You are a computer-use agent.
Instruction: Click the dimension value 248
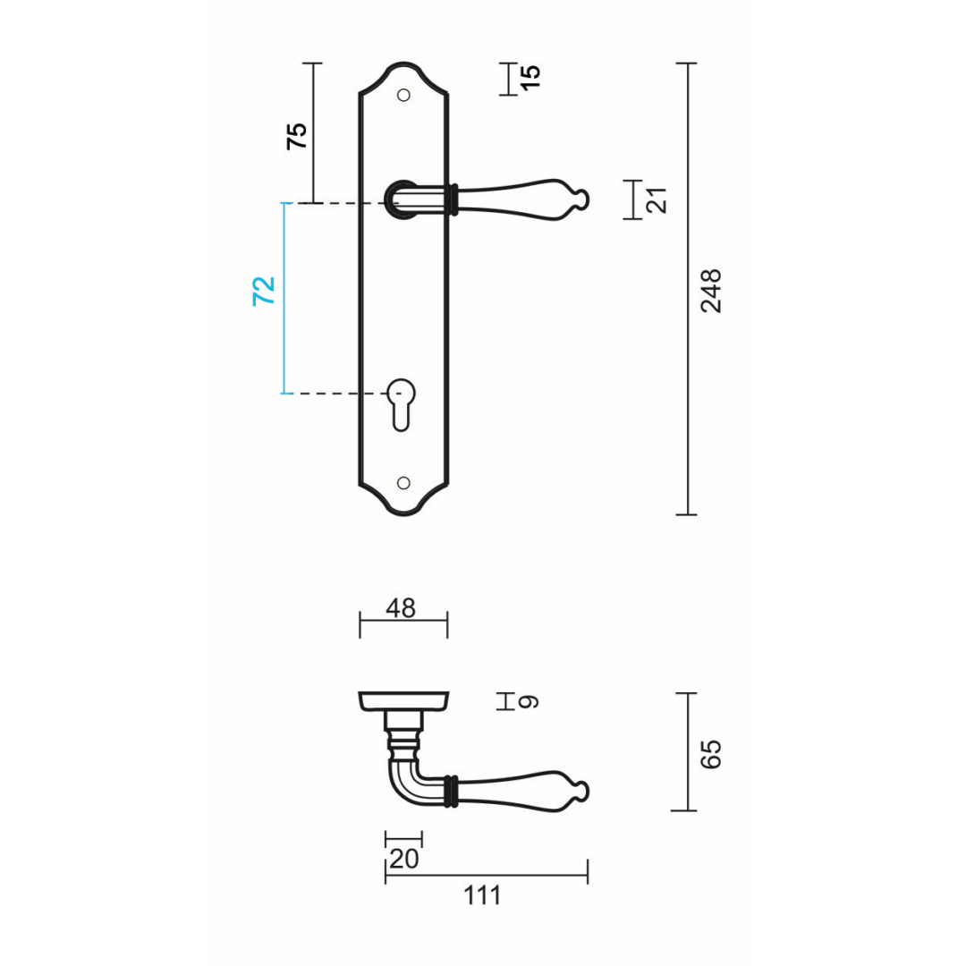click(711, 290)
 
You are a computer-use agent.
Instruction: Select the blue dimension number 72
click(264, 292)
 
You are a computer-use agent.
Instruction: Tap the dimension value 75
click(296, 135)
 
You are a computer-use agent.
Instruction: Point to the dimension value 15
click(530, 77)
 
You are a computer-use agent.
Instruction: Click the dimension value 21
click(657, 200)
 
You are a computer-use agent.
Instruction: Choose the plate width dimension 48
click(401, 608)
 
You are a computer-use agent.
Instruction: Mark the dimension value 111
click(483, 895)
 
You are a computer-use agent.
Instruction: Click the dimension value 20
click(404, 859)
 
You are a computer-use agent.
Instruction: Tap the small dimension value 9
click(530, 702)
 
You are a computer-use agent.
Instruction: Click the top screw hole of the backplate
click(403, 95)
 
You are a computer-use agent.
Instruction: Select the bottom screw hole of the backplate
click(403, 483)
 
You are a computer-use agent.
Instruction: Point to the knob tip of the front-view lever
click(581, 199)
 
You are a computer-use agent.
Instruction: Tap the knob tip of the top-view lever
click(581, 791)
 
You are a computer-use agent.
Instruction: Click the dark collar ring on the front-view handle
click(455, 199)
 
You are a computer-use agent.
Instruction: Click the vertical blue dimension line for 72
click(284, 299)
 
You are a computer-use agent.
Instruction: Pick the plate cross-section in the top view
click(403, 701)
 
